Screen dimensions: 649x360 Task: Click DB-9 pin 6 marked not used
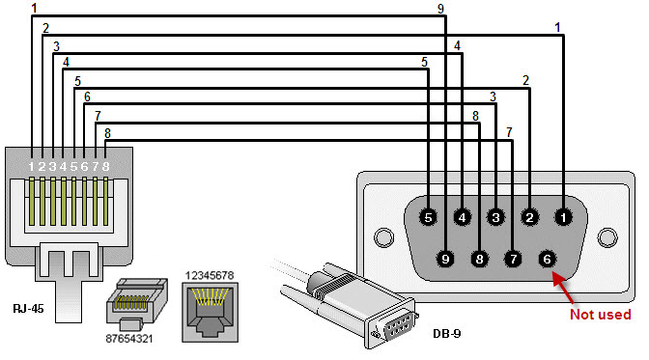click(x=547, y=259)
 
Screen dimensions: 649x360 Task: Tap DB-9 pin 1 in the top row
click(x=563, y=217)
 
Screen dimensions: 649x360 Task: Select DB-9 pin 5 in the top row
click(x=428, y=217)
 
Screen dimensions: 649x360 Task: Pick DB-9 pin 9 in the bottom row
click(x=445, y=259)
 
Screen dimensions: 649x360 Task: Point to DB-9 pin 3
click(x=495, y=217)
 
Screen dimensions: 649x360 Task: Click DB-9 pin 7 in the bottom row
click(x=513, y=259)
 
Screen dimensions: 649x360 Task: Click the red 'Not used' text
click(x=600, y=315)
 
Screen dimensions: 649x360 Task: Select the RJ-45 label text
click(x=28, y=309)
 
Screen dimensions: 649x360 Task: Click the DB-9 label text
click(x=446, y=333)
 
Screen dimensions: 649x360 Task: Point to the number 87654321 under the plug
click(x=129, y=339)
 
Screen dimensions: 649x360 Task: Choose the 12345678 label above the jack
click(x=210, y=275)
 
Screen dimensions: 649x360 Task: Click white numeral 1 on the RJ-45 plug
click(x=32, y=166)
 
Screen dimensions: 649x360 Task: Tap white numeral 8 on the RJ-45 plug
click(x=105, y=166)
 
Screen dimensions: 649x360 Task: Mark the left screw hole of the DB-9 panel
click(x=383, y=237)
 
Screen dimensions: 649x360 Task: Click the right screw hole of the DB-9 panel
click(x=607, y=237)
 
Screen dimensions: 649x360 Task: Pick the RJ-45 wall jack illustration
click(x=210, y=313)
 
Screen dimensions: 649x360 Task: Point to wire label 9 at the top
click(x=440, y=9)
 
